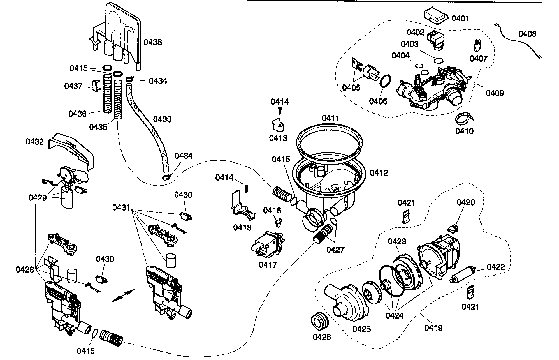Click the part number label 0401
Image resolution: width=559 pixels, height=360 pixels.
460,19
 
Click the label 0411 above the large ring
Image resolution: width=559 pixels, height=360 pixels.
330,118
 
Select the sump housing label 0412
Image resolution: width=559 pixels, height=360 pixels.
379,173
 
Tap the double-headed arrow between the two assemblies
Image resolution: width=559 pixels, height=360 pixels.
124,296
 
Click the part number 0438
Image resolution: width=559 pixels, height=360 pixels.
153,42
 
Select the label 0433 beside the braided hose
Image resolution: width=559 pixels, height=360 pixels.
162,119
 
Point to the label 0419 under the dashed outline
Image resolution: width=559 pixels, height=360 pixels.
433,327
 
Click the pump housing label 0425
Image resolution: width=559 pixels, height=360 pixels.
361,329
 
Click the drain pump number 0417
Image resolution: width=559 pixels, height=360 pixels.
268,265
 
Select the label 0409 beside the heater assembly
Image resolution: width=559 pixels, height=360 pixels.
495,93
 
